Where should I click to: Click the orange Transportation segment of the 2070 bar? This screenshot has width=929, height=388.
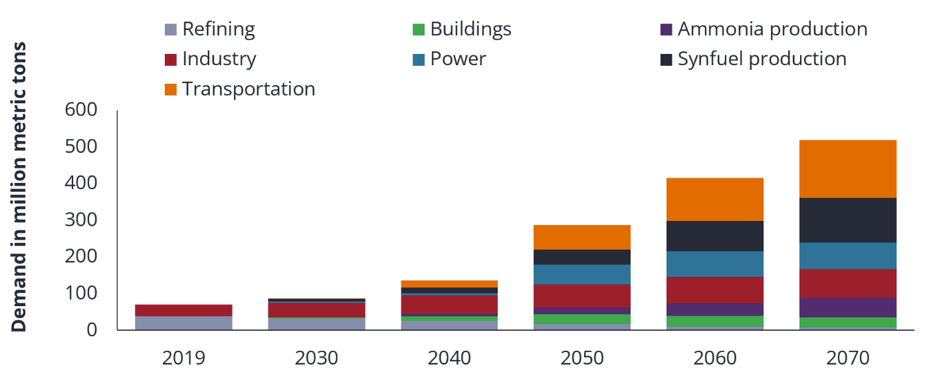tap(848, 168)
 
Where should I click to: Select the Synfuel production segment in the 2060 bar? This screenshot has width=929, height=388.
tap(715, 236)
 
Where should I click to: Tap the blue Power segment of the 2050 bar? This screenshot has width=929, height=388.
tap(582, 274)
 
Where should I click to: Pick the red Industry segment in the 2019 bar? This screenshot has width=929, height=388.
tap(183, 310)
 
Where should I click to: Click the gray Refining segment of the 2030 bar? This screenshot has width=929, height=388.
tap(316, 323)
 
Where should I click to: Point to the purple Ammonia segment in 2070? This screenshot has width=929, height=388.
tap(848, 307)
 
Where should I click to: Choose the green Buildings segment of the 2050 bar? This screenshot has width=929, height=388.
tap(582, 319)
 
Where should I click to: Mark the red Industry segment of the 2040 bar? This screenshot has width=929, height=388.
tap(449, 304)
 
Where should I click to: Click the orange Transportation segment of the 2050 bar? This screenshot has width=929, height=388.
tap(582, 237)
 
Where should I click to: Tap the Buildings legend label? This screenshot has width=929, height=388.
tap(470, 29)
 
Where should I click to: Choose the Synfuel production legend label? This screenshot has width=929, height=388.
tap(762, 59)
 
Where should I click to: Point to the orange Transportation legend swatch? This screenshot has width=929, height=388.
tap(171, 89)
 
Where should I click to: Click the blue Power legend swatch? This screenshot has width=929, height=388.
tap(419, 59)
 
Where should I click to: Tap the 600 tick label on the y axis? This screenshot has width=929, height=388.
tap(81, 110)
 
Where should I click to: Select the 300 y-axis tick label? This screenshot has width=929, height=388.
tap(81, 220)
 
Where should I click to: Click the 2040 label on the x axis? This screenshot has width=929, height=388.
tap(449, 358)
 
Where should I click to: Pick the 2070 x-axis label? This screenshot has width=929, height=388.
tap(848, 358)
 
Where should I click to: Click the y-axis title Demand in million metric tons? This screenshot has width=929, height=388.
tap(19, 187)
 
